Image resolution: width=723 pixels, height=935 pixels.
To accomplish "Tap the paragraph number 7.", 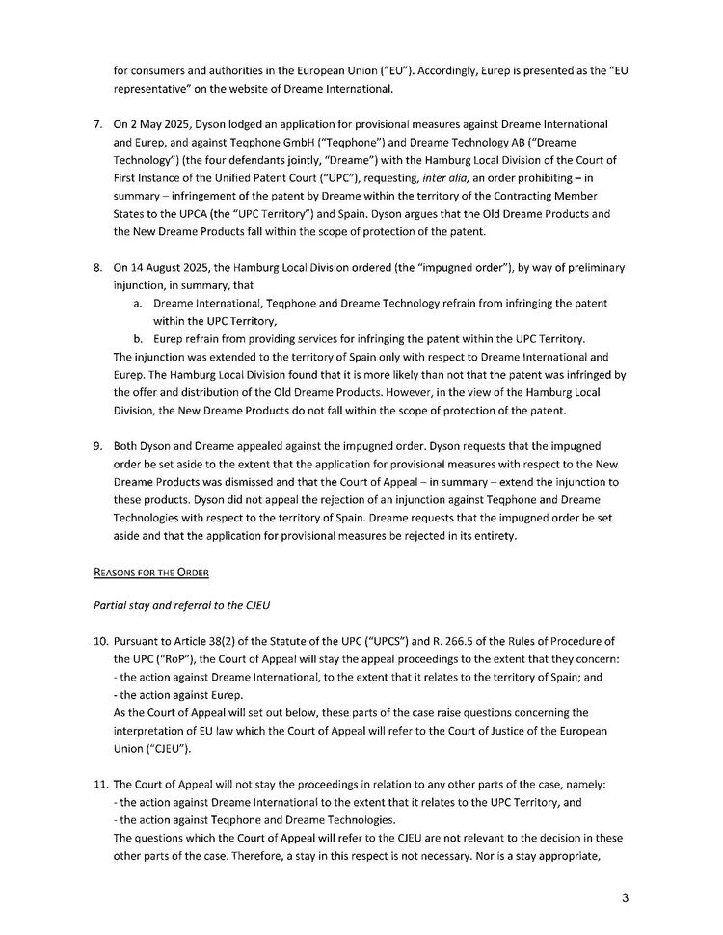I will (x=97, y=126).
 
